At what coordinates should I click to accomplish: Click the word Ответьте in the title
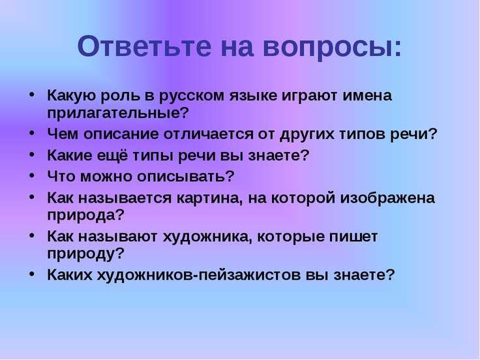(x=144, y=46)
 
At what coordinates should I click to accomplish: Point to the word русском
(x=192, y=97)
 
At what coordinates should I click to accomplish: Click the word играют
(x=310, y=97)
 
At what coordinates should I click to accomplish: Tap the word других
(x=307, y=135)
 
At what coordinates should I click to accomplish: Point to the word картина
(x=207, y=198)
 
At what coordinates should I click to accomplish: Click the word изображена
(x=387, y=198)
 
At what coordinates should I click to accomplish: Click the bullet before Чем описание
(x=31, y=134)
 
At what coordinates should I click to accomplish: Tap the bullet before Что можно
(x=31, y=175)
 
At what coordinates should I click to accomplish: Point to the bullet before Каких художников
(x=31, y=275)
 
